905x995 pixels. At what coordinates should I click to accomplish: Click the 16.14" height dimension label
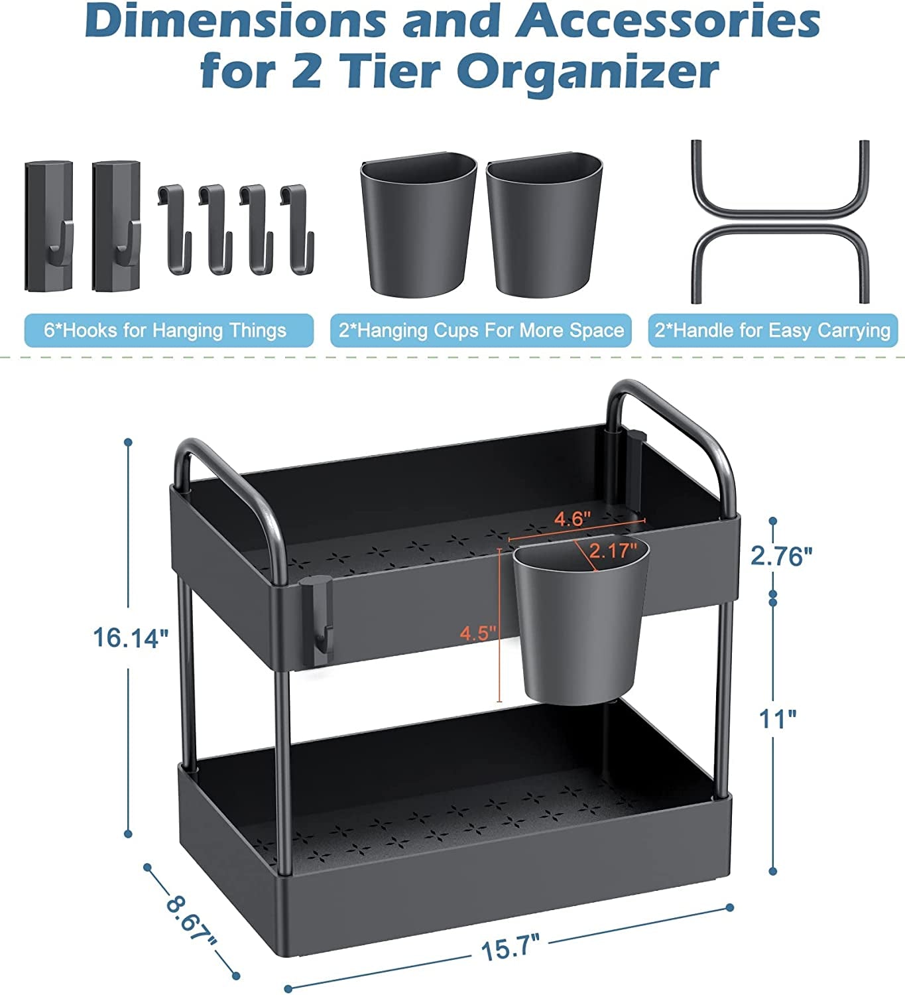tap(131, 638)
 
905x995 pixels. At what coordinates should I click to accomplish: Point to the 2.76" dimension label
tap(781, 555)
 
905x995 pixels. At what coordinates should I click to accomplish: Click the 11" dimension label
tap(778, 718)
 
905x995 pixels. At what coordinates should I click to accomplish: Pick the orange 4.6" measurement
tap(572, 519)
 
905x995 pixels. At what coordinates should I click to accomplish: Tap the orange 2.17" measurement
tap(613, 550)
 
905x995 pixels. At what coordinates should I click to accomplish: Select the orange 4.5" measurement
tap(479, 633)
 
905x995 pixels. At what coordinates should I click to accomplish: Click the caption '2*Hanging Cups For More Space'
tap(481, 330)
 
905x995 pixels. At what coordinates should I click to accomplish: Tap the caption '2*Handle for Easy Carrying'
tap(773, 330)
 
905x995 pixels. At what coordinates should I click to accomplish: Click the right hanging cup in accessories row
tap(544, 226)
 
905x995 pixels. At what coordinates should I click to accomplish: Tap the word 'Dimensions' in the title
tap(235, 22)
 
